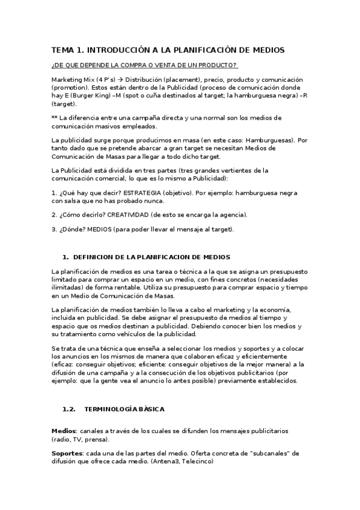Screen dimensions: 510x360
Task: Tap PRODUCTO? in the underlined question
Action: [x=219, y=65]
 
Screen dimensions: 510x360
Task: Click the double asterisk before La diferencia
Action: [x=55, y=118]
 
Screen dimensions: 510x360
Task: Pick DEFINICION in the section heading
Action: [x=96, y=257]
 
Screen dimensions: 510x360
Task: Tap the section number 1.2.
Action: [x=69, y=409]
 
